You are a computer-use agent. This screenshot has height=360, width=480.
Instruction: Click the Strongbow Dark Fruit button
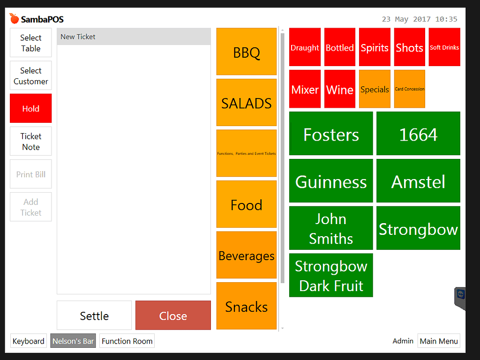[x=331, y=275]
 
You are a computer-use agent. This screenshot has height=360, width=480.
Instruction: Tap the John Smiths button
[x=331, y=228]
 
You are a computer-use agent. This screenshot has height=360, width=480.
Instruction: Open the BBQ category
[x=247, y=52]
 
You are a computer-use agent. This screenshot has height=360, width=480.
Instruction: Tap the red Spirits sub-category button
[x=375, y=47]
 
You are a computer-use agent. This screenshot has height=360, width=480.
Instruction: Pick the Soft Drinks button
[x=444, y=47]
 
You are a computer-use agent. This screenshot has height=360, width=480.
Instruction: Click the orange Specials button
[x=375, y=89]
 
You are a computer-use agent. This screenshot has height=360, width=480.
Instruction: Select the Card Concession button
[x=410, y=89]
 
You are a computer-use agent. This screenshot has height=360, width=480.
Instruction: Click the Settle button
[x=94, y=315]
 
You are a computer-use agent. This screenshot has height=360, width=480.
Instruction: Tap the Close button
[x=173, y=315]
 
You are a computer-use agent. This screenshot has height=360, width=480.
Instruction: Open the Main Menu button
[x=439, y=341]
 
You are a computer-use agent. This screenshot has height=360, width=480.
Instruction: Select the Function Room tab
[x=127, y=341]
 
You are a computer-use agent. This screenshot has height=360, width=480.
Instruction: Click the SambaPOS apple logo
[x=15, y=19]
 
